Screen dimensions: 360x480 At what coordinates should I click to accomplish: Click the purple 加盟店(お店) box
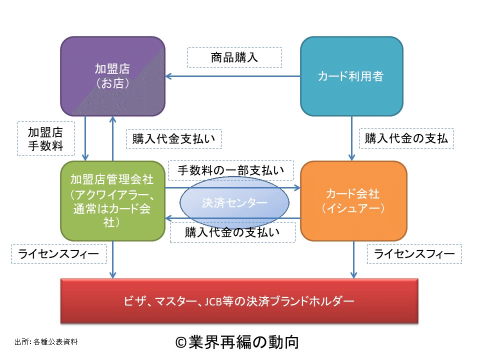click(112, 76)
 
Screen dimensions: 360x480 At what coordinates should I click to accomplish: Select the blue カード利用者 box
click(351, 76)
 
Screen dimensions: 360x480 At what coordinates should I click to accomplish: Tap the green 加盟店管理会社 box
click(112, 200)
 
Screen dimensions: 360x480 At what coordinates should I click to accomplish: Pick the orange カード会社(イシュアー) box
click(353, 200)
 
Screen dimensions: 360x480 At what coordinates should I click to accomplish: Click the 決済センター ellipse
click(234, 203)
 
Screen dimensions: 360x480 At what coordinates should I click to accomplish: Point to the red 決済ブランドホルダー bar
click(239, 300)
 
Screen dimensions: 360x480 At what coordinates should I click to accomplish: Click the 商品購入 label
click(234, 57)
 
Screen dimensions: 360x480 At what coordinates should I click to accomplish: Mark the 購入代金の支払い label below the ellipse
click(232, 232)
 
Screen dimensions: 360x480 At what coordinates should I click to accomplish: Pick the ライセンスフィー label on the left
click(59, 254)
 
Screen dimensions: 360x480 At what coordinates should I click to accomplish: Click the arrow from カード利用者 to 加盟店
click(233, 76)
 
